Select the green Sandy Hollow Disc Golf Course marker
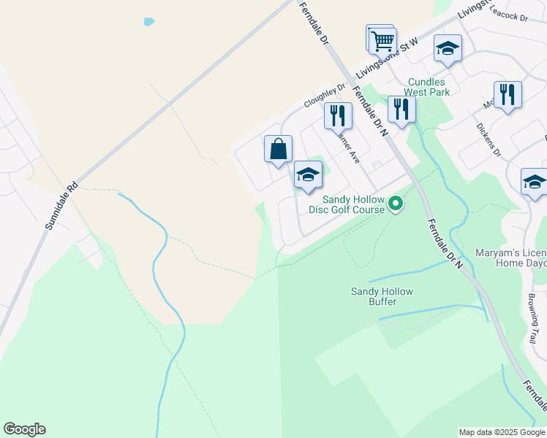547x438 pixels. tap(396, 203)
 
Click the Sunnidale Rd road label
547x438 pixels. tap(61, 207)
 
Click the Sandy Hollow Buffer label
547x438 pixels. tap(382, 296)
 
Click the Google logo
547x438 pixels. tap(24, 429)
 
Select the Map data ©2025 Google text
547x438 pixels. tap(502, 432)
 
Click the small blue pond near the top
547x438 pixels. tap(149, 22)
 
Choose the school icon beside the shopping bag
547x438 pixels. tap(308, 174)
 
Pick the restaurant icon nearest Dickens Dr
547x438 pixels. tap(508, 95)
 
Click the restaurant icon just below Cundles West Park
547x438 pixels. tap(401, 109)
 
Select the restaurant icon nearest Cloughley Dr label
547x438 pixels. tap(338, 115)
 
